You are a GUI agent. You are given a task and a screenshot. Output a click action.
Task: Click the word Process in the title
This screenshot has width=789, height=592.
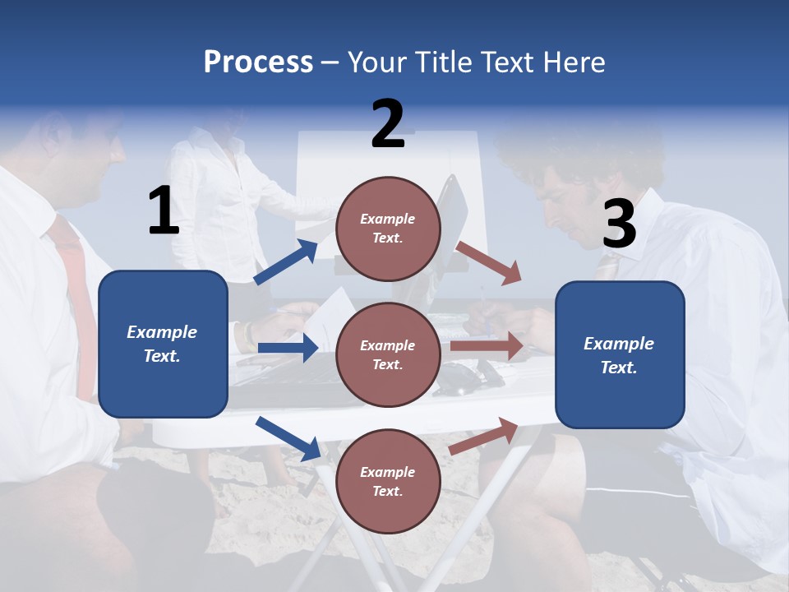point(258,62)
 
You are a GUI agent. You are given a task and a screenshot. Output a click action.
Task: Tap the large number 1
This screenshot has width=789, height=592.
point(164,210)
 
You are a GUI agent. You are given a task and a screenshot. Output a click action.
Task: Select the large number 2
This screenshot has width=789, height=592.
point(388,124)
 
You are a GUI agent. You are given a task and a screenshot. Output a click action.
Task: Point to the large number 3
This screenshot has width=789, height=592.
point(619,224)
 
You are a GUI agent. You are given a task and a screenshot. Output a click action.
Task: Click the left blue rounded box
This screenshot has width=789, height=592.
point(163,344)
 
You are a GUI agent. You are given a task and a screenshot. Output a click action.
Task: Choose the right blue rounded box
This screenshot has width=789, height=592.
point(620,355)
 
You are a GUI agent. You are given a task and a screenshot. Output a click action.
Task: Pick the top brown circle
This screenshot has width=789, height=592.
point(388,229)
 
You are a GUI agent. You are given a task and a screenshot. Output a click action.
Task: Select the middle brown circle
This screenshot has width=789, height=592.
point(388,354)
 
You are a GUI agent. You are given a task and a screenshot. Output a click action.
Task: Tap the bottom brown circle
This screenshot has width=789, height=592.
point(388,481)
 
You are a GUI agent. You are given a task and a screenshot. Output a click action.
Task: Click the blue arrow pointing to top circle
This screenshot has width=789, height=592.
point(287,261)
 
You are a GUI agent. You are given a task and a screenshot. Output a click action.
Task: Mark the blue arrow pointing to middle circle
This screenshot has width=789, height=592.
point(288,348)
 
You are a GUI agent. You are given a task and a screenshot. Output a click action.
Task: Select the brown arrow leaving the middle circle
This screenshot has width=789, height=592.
point(487,346)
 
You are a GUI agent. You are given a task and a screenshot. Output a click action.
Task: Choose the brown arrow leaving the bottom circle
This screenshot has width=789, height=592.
point(484,436)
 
